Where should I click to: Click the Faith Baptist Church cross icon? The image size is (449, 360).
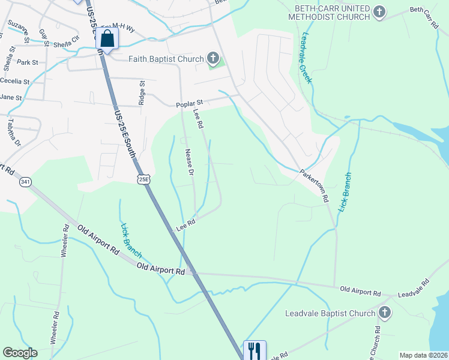[212, 58]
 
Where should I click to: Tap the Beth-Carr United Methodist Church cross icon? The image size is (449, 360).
[379, 11]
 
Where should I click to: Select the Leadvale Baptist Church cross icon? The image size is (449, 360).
[384, 313]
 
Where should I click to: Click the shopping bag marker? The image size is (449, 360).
[107, 40]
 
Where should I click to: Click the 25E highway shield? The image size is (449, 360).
[143, 179]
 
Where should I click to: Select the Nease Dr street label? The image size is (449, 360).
[189, 162]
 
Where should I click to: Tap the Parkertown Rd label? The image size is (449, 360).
[315, 185]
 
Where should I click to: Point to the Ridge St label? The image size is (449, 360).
[142, 93]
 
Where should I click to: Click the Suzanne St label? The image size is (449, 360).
[19, 32]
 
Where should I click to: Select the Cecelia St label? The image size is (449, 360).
[15, 81]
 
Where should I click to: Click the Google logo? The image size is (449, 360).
[20, 353]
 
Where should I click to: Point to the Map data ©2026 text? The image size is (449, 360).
[423, 355]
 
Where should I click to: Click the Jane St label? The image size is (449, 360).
[11, 97]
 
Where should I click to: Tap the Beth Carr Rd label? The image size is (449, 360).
[424, 18]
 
